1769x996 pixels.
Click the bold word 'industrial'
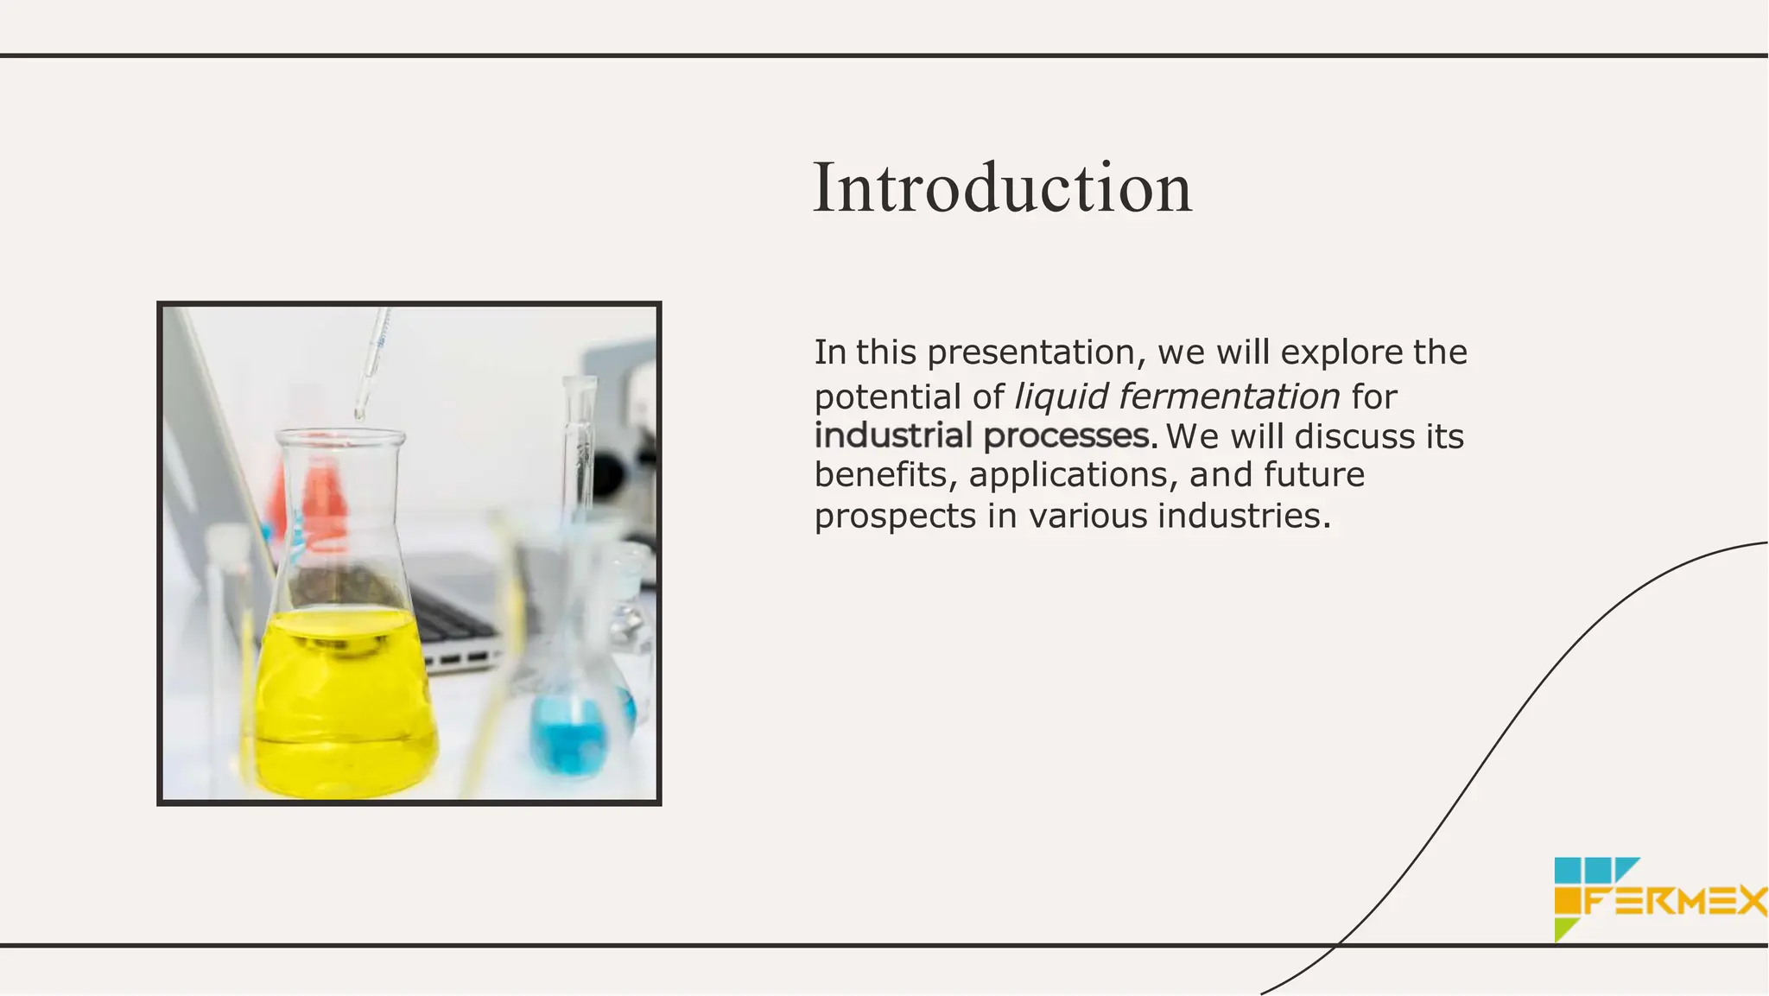(x=893, y=435)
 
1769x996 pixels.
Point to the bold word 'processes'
(x=1066, y=435)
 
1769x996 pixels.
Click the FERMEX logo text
(x=1676, y=902)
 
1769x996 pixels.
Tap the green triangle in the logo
(x=1563, y=929)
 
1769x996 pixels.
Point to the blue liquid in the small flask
(x=570, y=734)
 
